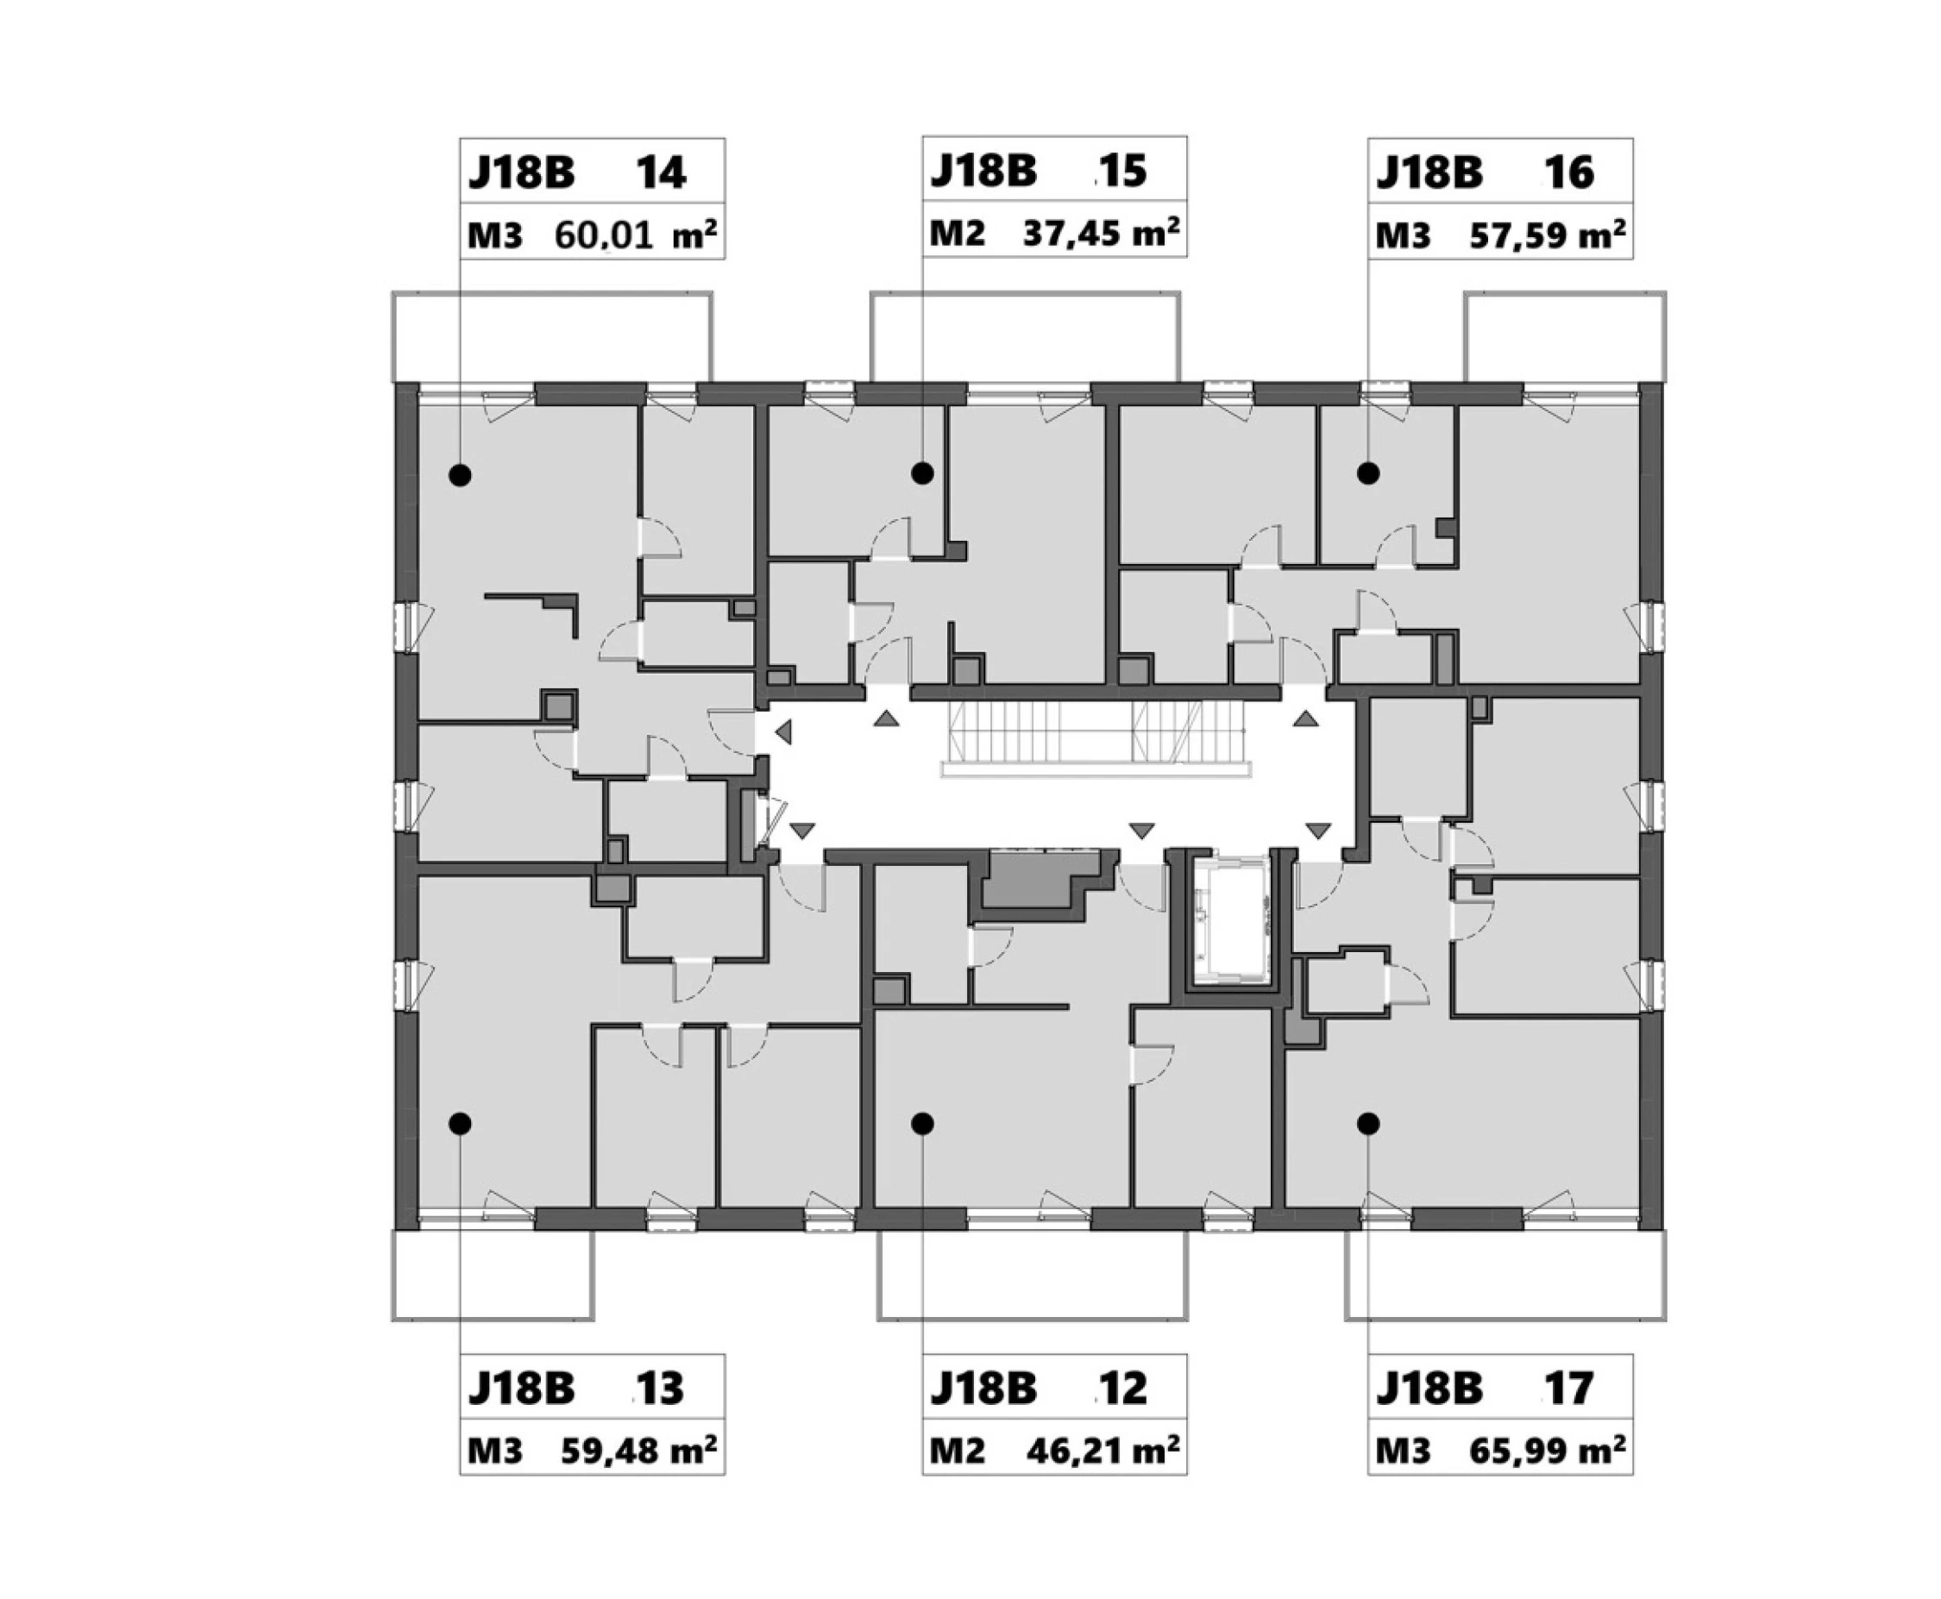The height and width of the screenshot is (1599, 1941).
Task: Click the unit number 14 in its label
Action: pyautogui.click(x=661, y=173)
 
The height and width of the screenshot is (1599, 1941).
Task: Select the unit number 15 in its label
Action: pyautogui.click(x=1123, y=172)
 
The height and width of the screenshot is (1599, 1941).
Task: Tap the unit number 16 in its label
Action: pyautogui.click(x=1569, y=173)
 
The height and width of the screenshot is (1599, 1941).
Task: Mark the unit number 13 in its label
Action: pyautogui.click(x=661, y=1389)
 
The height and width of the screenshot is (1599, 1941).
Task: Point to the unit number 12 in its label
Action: pyautogui.click(x=1123, y=1389)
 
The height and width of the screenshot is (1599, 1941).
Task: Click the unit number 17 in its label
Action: pyautogui.click(x=1569, y=1389)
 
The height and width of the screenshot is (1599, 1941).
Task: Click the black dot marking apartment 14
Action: pyautogui.click(x=460, y=475)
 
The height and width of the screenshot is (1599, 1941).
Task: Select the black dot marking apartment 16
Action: pyautogui.click(x=1368, y=473)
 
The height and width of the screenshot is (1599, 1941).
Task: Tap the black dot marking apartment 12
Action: pyautogui.click(x=922, y=1124)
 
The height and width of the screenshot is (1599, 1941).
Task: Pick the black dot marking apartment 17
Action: pyautogui.click(x=1368, y=1124)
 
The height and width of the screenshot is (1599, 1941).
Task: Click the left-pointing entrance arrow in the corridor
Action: pyautogui.click(x=784, y=732)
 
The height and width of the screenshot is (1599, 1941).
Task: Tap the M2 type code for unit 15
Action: pyautogui.click(x=958, y=234)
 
